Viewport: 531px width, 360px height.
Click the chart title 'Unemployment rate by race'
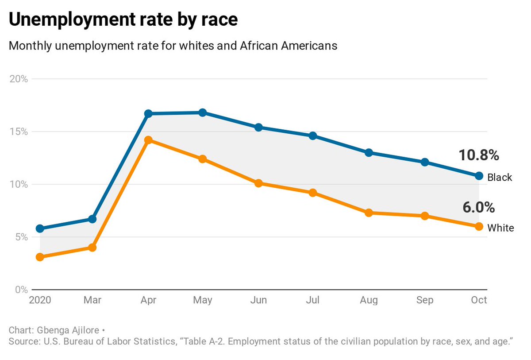click(x=123, y=20)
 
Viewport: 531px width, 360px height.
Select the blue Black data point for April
click(x=148, y=114)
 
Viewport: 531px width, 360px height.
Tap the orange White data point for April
click(x=148, y=140)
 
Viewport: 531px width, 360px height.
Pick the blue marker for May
click(x=203, y=112)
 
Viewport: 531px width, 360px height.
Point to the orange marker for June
click(x=259, y=183)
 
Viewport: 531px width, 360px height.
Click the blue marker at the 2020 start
click(x=40, y=228)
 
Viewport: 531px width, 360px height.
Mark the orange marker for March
click(x=92, y=248)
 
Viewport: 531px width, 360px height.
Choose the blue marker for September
click(x=425, y=162)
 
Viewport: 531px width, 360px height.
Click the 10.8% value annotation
click(x=478, y=155)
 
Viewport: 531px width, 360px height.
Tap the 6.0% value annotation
click(x=478, y=207)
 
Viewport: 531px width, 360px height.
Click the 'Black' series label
click(x=500, y=178)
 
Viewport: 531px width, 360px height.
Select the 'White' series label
click(x=500, y=228)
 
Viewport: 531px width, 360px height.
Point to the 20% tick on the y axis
click(x=19, y=79)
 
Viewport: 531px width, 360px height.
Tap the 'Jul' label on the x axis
click(x=313, y=300)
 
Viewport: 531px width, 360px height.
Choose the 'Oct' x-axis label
click(x=479, y=300)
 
